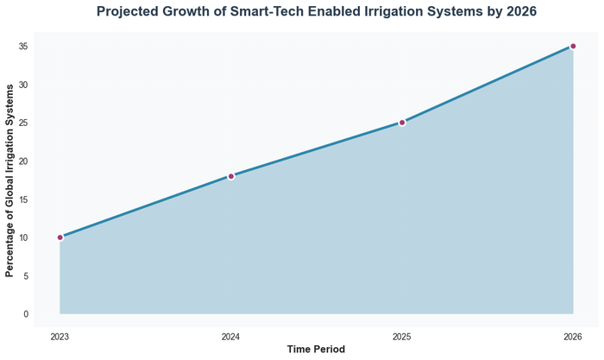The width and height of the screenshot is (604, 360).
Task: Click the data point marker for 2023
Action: [x=60, y=237]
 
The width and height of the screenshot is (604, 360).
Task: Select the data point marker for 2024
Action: [x=231, y=176]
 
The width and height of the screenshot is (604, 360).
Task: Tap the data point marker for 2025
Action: [x=402, y=123]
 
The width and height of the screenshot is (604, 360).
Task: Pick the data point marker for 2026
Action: [x=573, y=47]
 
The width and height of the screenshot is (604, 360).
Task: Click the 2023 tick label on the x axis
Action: [x=60, y=336]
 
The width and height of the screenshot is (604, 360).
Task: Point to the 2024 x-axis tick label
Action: [x=231, y=336]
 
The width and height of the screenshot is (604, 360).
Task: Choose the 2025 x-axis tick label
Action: [x=402, y=336]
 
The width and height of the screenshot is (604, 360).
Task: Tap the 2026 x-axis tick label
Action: [x=573, y=336]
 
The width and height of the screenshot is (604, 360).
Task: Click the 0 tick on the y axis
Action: [x=27, y=314]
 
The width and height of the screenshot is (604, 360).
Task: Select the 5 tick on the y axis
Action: [x=27, y=276]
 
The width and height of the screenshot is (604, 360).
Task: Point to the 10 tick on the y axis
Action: [x=24, y=237]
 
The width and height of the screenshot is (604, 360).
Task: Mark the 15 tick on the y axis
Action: [x=24, y=199]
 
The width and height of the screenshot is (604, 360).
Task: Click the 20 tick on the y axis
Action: [x=24, y=161]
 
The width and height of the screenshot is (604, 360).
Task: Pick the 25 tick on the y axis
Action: [x=24, y=123]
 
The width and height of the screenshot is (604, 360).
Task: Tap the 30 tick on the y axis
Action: [x=24, y=85]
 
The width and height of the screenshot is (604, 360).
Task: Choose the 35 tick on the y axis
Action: [x=24, y=47]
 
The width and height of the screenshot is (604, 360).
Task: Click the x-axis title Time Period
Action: [x=316, y=350]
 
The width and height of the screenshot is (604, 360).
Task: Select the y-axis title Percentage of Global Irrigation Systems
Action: [x=9, y=180]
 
